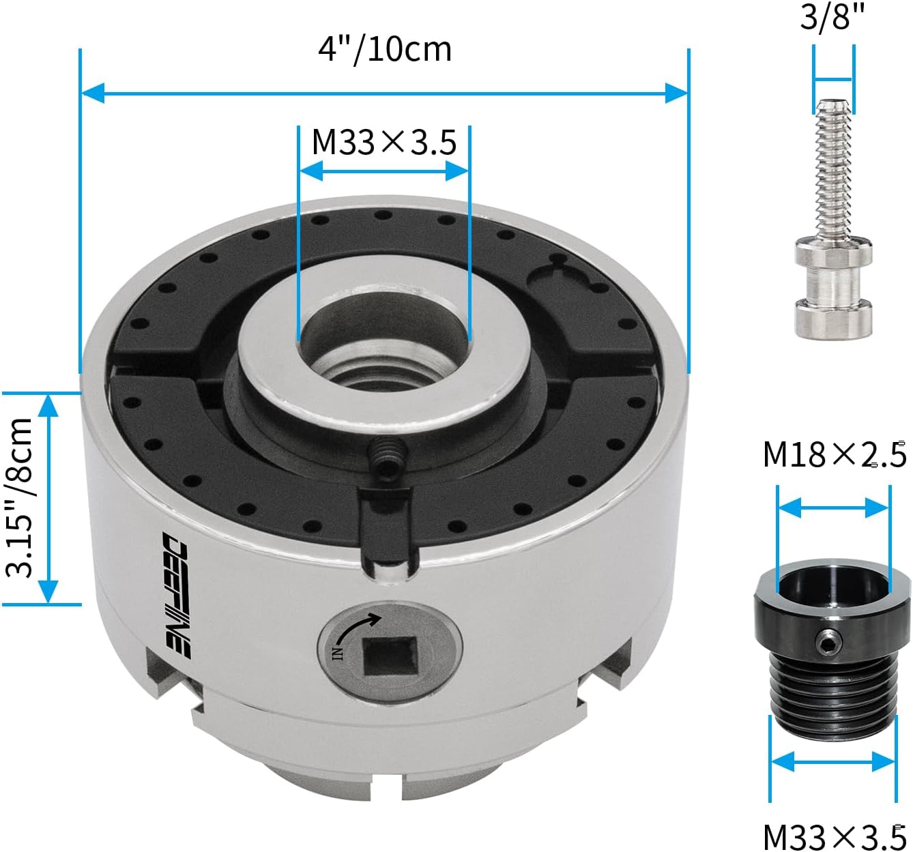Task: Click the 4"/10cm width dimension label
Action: coord(385,50)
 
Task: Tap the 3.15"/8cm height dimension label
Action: coord(19,498)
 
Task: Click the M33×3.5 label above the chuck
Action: coord(384,143)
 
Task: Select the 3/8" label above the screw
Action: coord(832,17)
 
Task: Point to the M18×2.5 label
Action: coord(835,455)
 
